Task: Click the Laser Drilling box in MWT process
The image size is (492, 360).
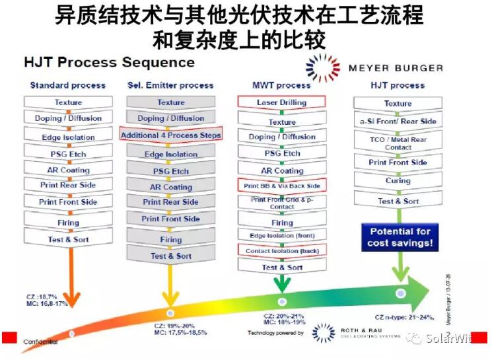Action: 281,102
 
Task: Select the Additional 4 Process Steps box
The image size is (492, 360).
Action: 170,135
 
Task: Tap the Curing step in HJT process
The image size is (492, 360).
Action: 398,181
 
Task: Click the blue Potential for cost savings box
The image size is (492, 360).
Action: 400,237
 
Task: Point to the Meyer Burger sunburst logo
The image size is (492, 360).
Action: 323,67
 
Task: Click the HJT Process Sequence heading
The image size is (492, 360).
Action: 109,63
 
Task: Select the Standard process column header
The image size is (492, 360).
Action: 67,85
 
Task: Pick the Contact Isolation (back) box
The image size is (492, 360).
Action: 281,251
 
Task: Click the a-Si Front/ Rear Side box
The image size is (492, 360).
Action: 398,122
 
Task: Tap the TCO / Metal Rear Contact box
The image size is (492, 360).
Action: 398,143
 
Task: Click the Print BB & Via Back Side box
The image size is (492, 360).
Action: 281,186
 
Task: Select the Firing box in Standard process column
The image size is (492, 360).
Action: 68,223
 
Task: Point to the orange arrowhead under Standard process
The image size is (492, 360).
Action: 69,298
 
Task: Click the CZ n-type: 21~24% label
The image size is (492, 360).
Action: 404,318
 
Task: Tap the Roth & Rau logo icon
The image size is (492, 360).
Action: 323,332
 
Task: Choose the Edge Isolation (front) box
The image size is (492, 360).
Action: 281,236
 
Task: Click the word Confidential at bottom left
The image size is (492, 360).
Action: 41,341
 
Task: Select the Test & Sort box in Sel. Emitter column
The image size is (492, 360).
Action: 170,256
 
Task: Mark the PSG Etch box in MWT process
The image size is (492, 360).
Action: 281,153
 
